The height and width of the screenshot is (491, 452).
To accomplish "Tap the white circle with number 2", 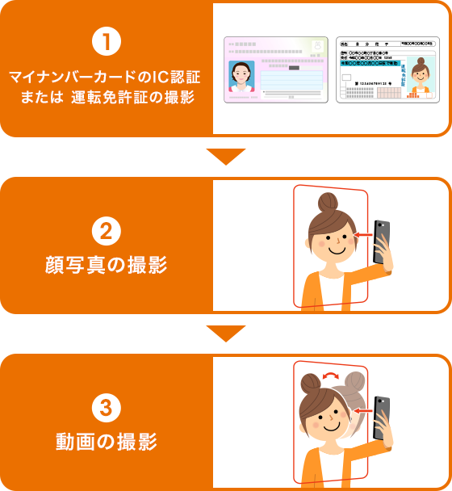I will click(x=107, y=232).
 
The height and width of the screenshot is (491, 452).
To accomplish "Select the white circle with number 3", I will click(x=107, y=410).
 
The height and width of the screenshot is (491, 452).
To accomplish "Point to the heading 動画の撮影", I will click(x=107, y=443).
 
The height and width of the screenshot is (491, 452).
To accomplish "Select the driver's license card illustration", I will click(x=387, y=69).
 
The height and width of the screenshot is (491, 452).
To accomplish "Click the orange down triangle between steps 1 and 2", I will click(x=226, y=156).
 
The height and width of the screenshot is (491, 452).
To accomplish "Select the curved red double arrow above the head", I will click(x=330, y=376).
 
